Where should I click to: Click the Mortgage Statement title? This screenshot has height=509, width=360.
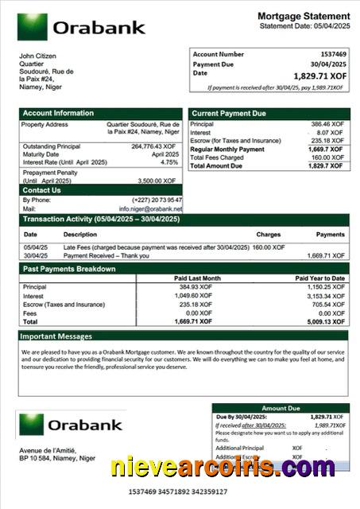pos(304,16)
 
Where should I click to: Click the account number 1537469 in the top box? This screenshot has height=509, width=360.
pos(331,54)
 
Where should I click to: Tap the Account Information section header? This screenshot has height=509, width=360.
pos(58,114)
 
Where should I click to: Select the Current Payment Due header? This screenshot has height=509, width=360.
pos(228,114)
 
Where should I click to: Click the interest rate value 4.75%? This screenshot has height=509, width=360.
pos(169,162)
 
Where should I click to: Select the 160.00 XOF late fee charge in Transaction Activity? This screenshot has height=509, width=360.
pos(269,247)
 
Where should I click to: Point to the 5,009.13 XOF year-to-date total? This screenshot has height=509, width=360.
pos(327,321)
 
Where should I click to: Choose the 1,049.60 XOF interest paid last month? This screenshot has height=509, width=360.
pos(195,295)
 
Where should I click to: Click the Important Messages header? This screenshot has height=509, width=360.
pos(57,336)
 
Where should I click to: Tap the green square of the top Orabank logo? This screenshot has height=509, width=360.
pos(32,27)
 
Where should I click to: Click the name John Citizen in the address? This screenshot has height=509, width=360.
pos(38,56)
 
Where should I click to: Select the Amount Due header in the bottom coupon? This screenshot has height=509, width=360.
pos(280,408)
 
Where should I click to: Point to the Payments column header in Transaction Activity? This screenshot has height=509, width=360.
pos(330,235)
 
